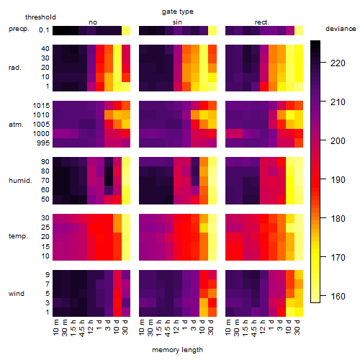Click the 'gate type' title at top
[178, 12]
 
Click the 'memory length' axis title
[177, 350]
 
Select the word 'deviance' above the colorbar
[341, 29]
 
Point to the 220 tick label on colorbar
[338, 63]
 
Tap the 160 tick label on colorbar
[338, 297]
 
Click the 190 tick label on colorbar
[338, 180]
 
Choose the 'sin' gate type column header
[177, 22]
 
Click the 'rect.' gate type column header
[261, 22]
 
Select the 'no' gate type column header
[93, 22]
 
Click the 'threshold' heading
[40, 17]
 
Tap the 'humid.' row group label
[20, 181]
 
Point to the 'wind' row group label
[17, 294]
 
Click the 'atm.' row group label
[16, 125]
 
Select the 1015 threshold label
[41, 106]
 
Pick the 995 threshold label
[43, 143]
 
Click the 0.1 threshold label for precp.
[44, 30]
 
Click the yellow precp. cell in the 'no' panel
[126, 31]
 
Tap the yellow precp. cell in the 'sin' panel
[212, 31]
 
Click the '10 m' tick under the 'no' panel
[56, 328]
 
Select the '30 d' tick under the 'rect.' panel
[297, 328]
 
